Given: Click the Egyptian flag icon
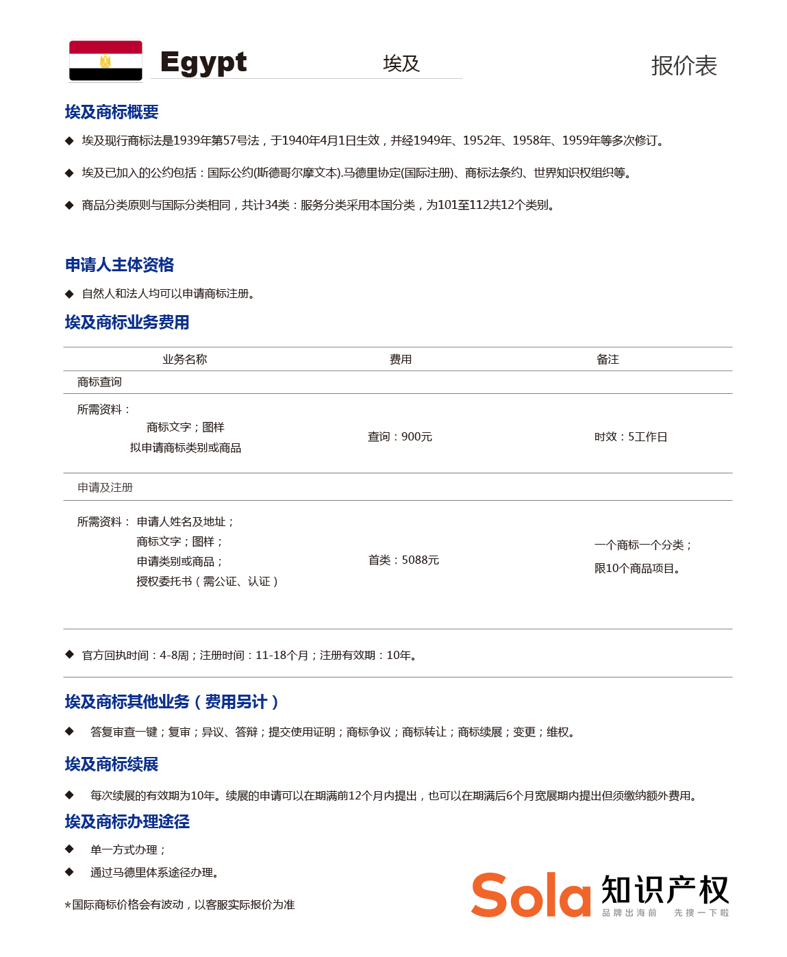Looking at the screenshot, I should (x=105, y=61).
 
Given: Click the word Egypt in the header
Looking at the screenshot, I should (x=203, y=63).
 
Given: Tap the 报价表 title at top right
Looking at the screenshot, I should (x=684, y=66).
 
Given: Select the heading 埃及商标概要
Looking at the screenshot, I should (x=112, y=112).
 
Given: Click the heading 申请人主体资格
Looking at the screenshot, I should (x=119, y=264).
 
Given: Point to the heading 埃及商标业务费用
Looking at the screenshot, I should (x=127, y=322).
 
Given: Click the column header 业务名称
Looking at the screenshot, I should (x=184, y=359).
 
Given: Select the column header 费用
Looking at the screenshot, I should (x=401, y=359).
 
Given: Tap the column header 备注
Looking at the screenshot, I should (x=608, y=359).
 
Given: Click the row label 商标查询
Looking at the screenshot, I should (x=99, y=382).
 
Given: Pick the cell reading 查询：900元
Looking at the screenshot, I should (x=400, y=436).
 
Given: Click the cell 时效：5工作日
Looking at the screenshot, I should (x=630, y=436).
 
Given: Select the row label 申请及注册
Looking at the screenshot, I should (x=105, y=487).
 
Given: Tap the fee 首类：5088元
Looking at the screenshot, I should (x=403, y=560).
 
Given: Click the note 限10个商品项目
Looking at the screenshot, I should (x=637, y=568).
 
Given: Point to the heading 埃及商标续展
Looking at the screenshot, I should (x=112, y=764).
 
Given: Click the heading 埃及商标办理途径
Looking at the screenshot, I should (x=127, y=821).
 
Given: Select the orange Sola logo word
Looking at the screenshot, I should (x=531, y=895).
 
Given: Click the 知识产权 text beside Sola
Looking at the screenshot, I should (x=665, y=890).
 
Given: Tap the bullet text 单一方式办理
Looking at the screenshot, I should (x=127, y=849).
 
